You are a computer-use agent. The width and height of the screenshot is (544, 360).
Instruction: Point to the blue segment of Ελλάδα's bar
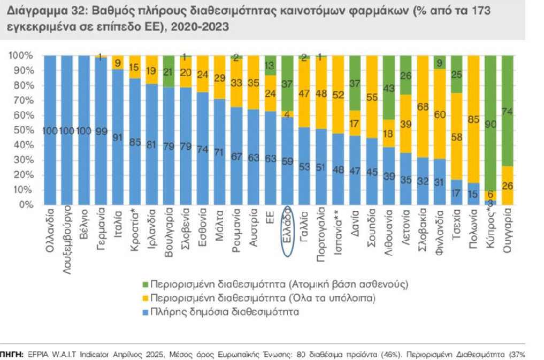287,161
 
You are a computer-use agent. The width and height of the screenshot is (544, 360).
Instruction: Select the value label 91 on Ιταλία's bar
118,137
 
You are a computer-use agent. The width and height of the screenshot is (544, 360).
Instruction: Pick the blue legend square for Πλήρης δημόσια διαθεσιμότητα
144,311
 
